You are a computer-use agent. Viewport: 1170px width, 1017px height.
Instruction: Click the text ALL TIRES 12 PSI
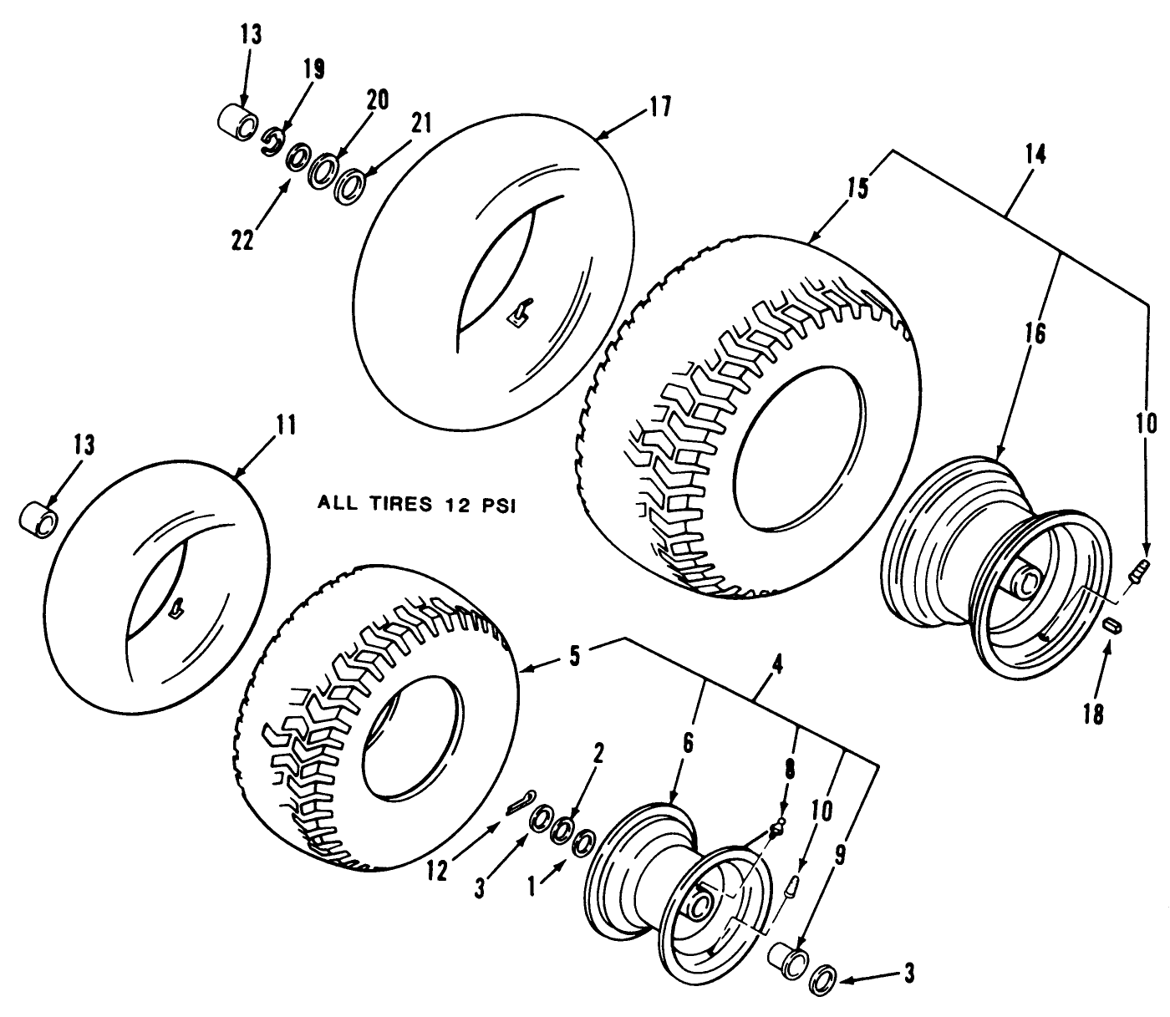[x=413, y=504]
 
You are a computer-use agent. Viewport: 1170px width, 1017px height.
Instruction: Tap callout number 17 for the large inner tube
[x=659, y=108]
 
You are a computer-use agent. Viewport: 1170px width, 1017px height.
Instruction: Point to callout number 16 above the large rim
[x=1034, y=333]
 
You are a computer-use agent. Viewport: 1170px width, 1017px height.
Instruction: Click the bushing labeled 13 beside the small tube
[x=38, y=516]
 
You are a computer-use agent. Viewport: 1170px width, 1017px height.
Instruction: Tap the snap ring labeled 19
[x=272, y=141]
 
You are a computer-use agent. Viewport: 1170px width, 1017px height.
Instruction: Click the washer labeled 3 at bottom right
[x=825, y=979]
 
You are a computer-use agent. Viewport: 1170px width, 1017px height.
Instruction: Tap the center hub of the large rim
[x=1025, y=578]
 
